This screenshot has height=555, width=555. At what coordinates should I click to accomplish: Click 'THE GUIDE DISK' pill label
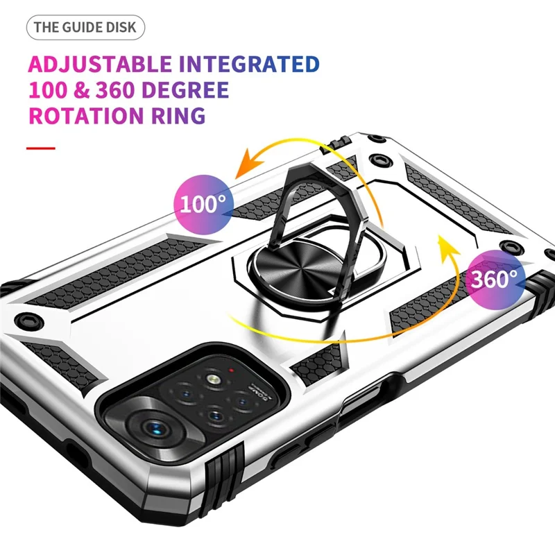click(87, 28)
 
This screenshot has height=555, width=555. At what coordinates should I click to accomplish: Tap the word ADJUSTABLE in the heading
click(99, 65)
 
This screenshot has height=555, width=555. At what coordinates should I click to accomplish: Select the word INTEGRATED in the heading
click(249, 65)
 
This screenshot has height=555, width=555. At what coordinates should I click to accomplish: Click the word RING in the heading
click(182, 115)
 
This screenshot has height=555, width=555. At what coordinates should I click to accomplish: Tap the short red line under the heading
click(41, 148)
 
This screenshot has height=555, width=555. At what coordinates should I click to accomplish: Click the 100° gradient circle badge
click(203, 203)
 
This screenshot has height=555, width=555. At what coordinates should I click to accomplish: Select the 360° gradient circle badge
click(494, 279)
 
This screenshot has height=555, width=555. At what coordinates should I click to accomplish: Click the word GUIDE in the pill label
click(83, 28)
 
